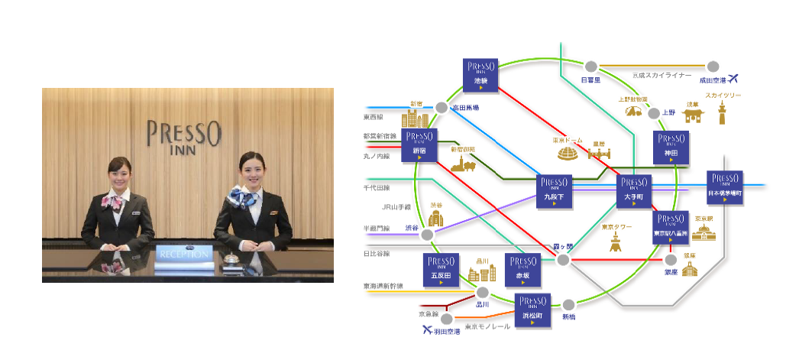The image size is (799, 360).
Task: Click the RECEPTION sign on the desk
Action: (184, 253)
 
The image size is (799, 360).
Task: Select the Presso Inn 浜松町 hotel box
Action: (533, 310)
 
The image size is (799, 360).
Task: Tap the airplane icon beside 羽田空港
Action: (429, 331)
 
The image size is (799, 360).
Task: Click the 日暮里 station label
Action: (590, 79)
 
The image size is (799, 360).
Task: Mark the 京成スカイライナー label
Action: (662, 75)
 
